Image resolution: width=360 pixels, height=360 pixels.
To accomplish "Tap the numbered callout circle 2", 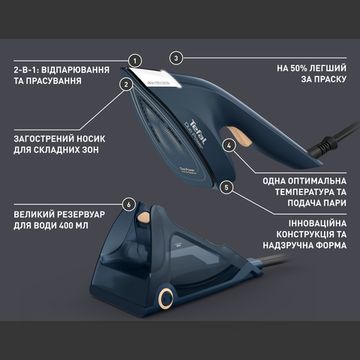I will (126, 85).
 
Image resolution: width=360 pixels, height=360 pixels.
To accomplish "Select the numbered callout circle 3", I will (175, 58).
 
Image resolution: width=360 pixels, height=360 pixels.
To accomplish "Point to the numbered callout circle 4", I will (229, 144).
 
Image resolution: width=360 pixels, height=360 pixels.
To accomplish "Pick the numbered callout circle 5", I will (227, 186).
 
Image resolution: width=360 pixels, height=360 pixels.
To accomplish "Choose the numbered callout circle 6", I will (127, 204).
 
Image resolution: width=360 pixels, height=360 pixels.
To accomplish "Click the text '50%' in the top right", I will (296, 70).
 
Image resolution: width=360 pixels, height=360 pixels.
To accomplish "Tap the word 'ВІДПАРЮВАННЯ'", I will (81, 70).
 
